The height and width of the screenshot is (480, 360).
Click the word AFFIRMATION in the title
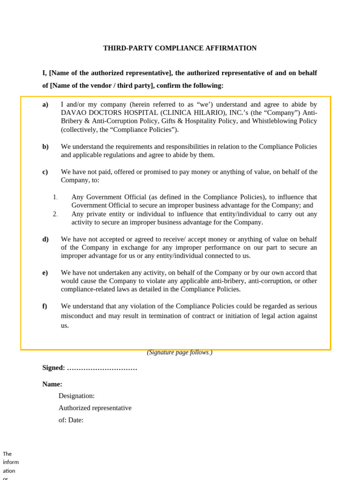point(233,48)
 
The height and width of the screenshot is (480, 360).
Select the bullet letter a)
point(45,105)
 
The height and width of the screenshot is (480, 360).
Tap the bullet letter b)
point(45,147)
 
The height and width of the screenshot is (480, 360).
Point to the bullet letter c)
point(45,172)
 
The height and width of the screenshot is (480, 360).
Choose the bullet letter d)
point(45,240)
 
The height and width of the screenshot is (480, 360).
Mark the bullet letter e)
point(45,273)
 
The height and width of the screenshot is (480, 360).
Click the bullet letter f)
point(45,306)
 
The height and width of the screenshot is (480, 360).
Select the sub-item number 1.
point(55,197)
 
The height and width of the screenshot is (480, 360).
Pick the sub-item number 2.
point(55,214)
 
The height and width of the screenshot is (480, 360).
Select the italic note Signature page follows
point(180,352)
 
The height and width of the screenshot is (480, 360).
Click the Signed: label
point(53,368)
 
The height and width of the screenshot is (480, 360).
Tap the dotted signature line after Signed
point(102,368)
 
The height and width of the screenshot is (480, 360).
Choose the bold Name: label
point(52,384)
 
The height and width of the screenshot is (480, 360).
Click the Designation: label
point(76,396)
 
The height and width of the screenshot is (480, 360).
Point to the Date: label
point(76,420)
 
